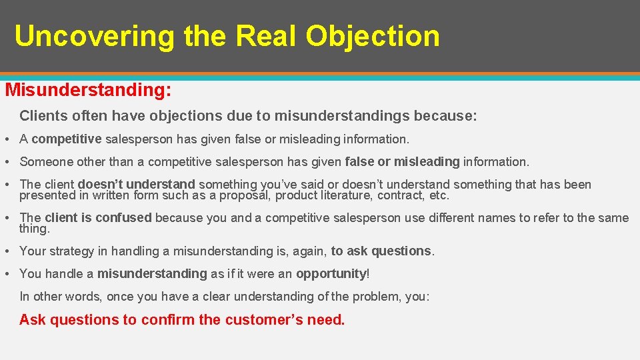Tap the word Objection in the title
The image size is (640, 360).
(373, 36)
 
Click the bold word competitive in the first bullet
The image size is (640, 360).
(66, 139)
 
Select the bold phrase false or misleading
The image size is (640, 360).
(402, 162)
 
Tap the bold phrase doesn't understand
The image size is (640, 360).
(136, 185)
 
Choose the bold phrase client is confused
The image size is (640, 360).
(98, 218)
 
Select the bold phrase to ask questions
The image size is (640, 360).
(381, 251)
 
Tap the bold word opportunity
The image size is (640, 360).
(331, 274)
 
